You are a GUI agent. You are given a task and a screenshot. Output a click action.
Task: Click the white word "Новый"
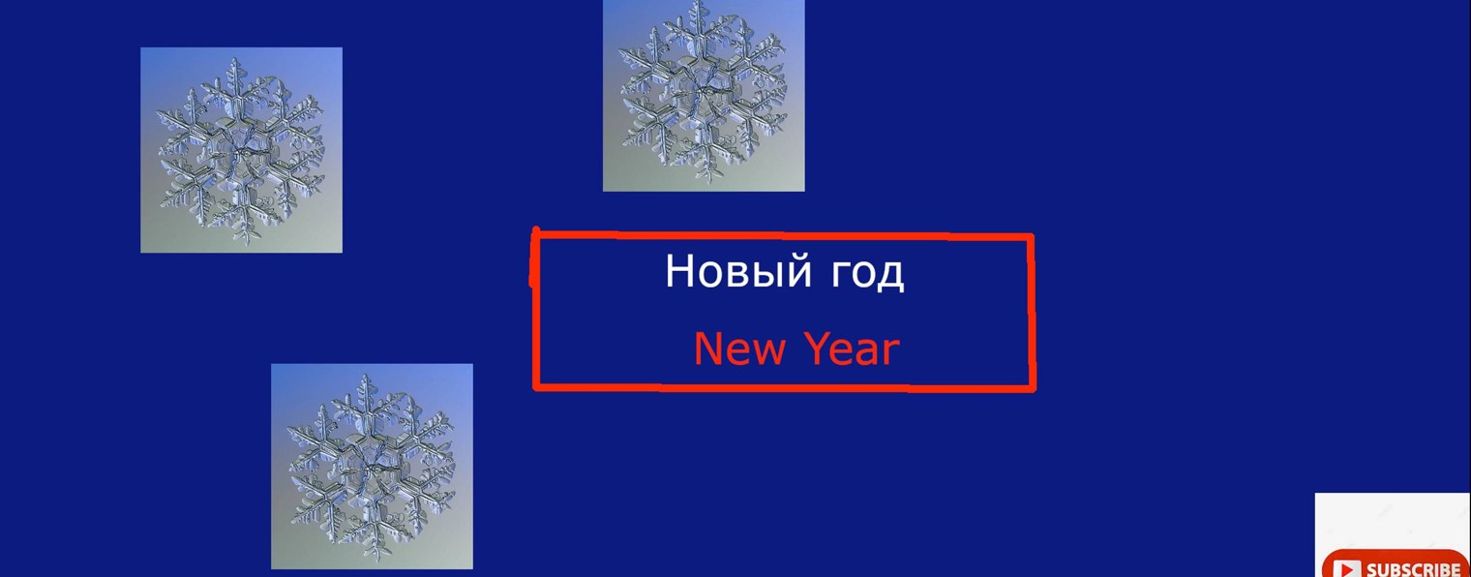[738, 272]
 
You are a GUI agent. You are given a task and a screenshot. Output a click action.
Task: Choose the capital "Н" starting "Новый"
[680, 271]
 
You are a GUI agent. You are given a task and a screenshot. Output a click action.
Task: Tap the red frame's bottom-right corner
[1031, 387]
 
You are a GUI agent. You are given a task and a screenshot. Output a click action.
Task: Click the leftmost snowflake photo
[241, 150]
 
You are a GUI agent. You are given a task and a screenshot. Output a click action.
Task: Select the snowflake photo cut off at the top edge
[704, 95]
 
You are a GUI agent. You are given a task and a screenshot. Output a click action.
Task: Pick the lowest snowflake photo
[372, 467]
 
